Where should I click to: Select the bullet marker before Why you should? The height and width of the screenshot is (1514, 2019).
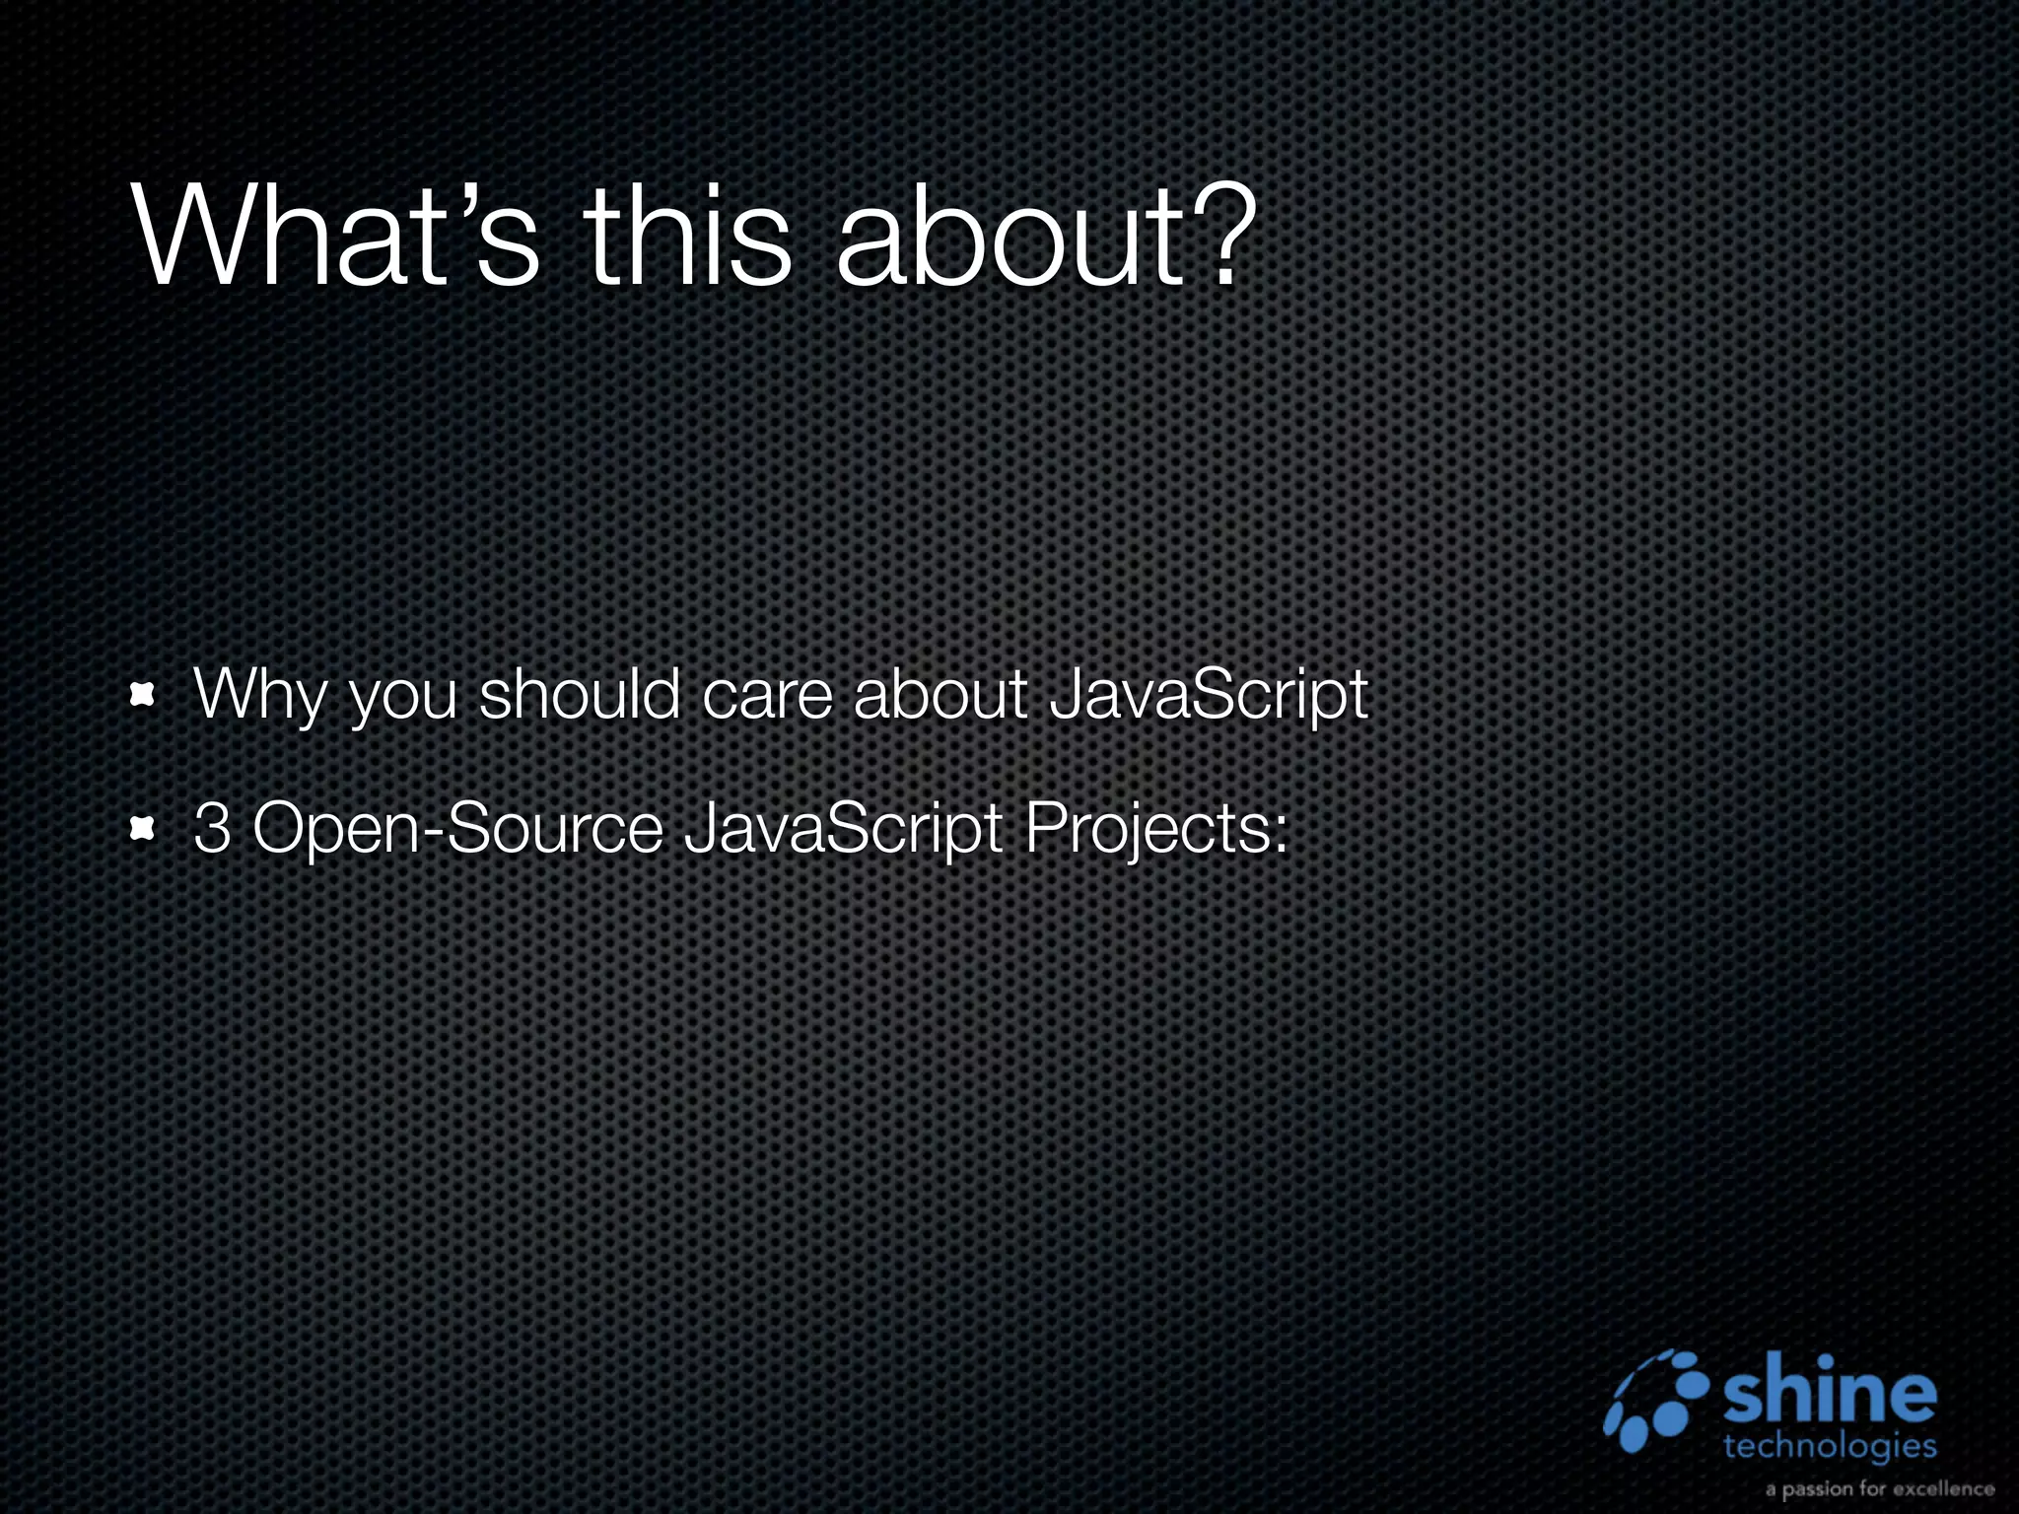coord(144,696)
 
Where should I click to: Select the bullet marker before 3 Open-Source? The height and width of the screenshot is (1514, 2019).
coord(144,830)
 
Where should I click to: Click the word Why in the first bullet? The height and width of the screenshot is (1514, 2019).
coord(258,696)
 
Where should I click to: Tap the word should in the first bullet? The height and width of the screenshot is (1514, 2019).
coord(580,694)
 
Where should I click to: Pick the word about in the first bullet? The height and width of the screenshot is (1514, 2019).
coord(940,694)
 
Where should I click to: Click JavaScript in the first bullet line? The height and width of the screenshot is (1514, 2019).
coord(1209,696)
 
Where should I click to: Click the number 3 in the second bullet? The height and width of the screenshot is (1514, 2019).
coord(212,828)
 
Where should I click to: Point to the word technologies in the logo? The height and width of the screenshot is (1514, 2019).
coord(1830,1446)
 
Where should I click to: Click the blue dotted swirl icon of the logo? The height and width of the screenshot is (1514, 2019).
coord(1656,1400)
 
